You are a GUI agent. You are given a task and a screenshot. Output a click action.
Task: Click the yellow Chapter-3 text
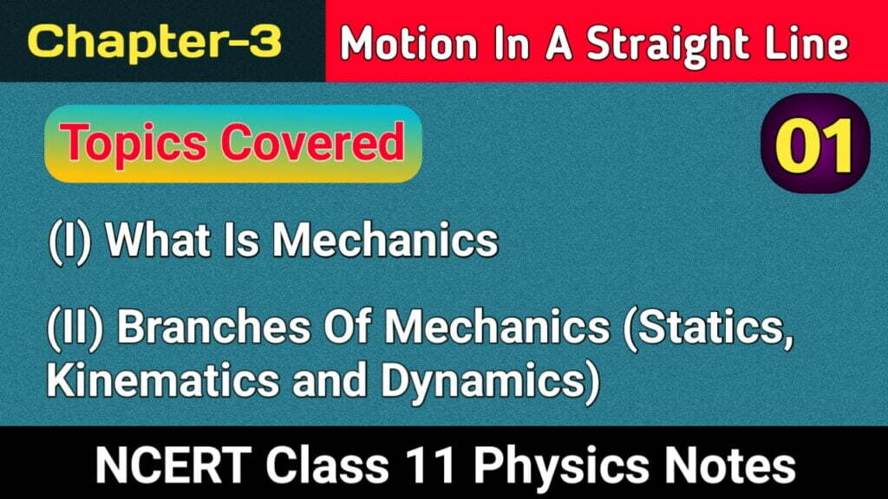pos(154,42)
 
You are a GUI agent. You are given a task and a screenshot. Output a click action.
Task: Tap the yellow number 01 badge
pos(815,145)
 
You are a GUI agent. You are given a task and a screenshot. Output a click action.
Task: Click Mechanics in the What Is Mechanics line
pos(386,240)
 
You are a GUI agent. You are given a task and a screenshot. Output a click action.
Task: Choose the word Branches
pos(213,327)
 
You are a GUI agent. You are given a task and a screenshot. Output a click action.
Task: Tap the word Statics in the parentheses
pos(708,329)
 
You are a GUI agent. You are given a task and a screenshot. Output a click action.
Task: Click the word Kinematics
pos(163,379)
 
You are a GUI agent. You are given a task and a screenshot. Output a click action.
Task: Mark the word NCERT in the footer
pos(173,465)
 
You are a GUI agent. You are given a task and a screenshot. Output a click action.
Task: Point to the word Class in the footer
pos(328,465)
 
